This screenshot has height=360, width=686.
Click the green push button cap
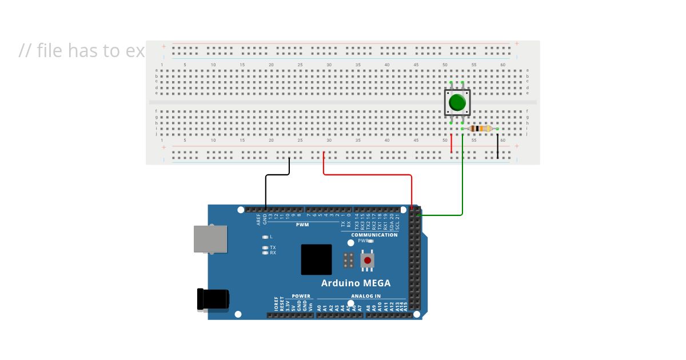tap(457, 103)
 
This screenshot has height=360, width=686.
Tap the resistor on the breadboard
tap(480, 129)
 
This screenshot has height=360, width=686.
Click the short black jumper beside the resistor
tap(497, 146)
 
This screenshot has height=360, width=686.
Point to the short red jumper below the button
tap(451, 143)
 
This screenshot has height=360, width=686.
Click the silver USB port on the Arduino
tap(210, 239)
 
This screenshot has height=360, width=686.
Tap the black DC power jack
tap(213, 299)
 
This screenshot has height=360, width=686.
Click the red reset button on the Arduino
tap(367, 261)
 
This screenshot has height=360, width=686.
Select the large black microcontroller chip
tap(316, 259)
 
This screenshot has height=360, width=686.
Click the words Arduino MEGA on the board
tap(356, 283)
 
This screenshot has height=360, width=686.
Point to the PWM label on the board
tap(302, 225)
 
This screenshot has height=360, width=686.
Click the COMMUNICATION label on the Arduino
tap(374, 235)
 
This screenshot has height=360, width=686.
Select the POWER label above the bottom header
tap(301, 296)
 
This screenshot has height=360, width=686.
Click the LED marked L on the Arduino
tap(265, 237)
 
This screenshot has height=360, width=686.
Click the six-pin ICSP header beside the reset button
tap(348, 261)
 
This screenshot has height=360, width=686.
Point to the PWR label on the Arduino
tap(363, 241)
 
